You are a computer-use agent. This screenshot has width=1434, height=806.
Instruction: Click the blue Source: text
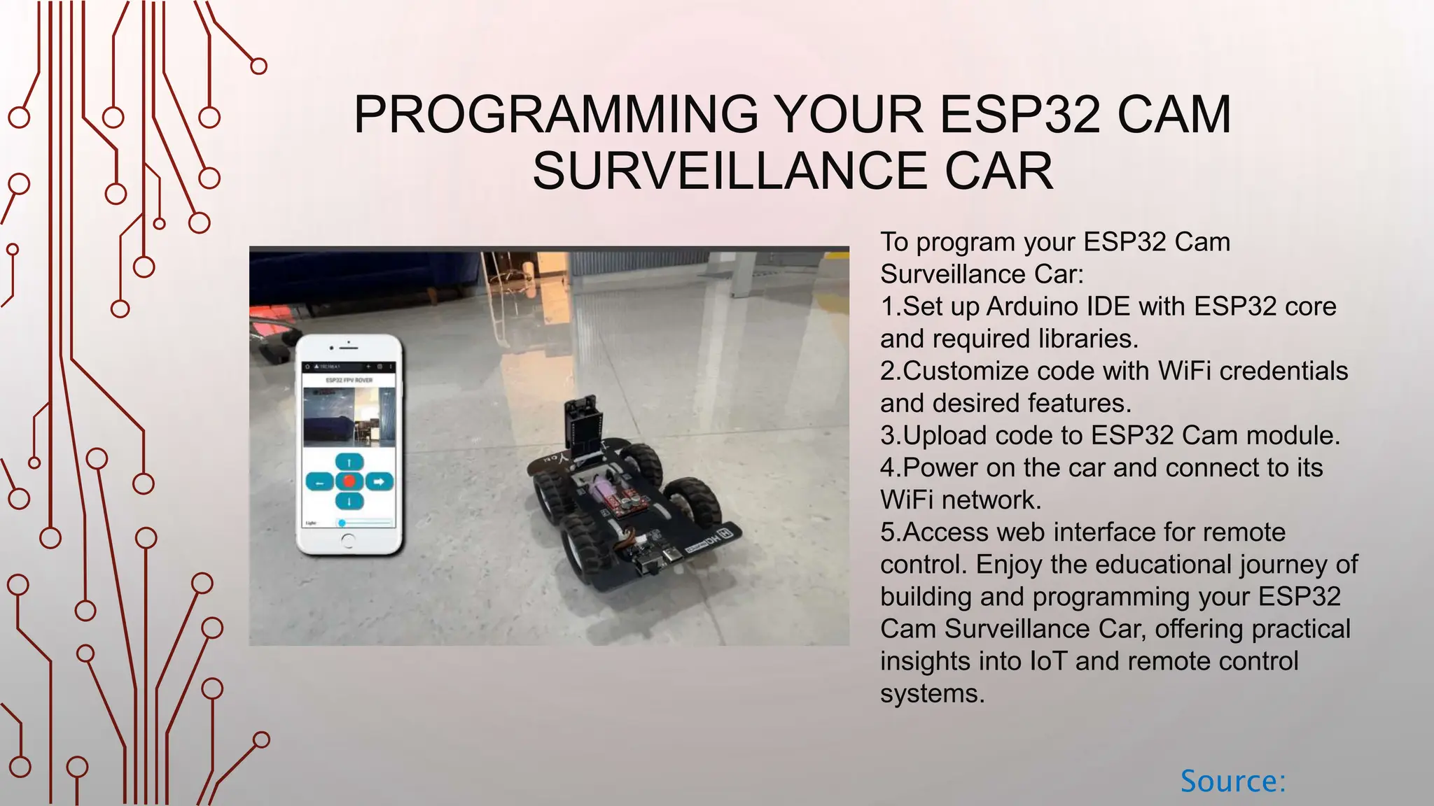tap(1233, 782)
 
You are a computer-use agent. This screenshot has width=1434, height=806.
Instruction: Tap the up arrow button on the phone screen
tap(349, 462)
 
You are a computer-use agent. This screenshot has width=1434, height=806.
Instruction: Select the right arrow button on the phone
tap(379, 481)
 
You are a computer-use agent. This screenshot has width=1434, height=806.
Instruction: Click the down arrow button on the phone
tap(349, 501)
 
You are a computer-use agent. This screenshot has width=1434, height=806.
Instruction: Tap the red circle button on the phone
tap(349, 481)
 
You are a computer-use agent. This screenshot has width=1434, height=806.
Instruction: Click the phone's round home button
tap(348, 540)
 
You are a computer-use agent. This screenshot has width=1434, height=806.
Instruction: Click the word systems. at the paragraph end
tap(932, 693)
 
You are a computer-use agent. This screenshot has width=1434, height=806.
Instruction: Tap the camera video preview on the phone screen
tap(349, 418)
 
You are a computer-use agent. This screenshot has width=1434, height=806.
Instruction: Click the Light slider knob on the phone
tap(342, 523)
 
